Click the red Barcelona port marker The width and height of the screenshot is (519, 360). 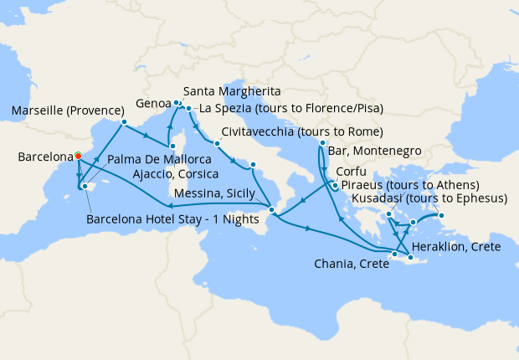77,155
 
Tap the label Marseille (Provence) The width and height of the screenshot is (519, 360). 64,112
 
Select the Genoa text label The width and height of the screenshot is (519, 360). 153,104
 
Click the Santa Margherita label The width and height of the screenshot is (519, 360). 231,90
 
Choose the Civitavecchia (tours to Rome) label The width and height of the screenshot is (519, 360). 303,132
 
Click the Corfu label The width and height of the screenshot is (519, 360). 352,172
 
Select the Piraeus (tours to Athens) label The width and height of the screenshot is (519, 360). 409,184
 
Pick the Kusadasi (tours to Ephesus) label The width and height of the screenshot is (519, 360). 430,198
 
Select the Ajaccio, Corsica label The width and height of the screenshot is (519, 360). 175,174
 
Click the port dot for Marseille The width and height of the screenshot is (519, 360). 124,122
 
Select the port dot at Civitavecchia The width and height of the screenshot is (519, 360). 217,143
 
